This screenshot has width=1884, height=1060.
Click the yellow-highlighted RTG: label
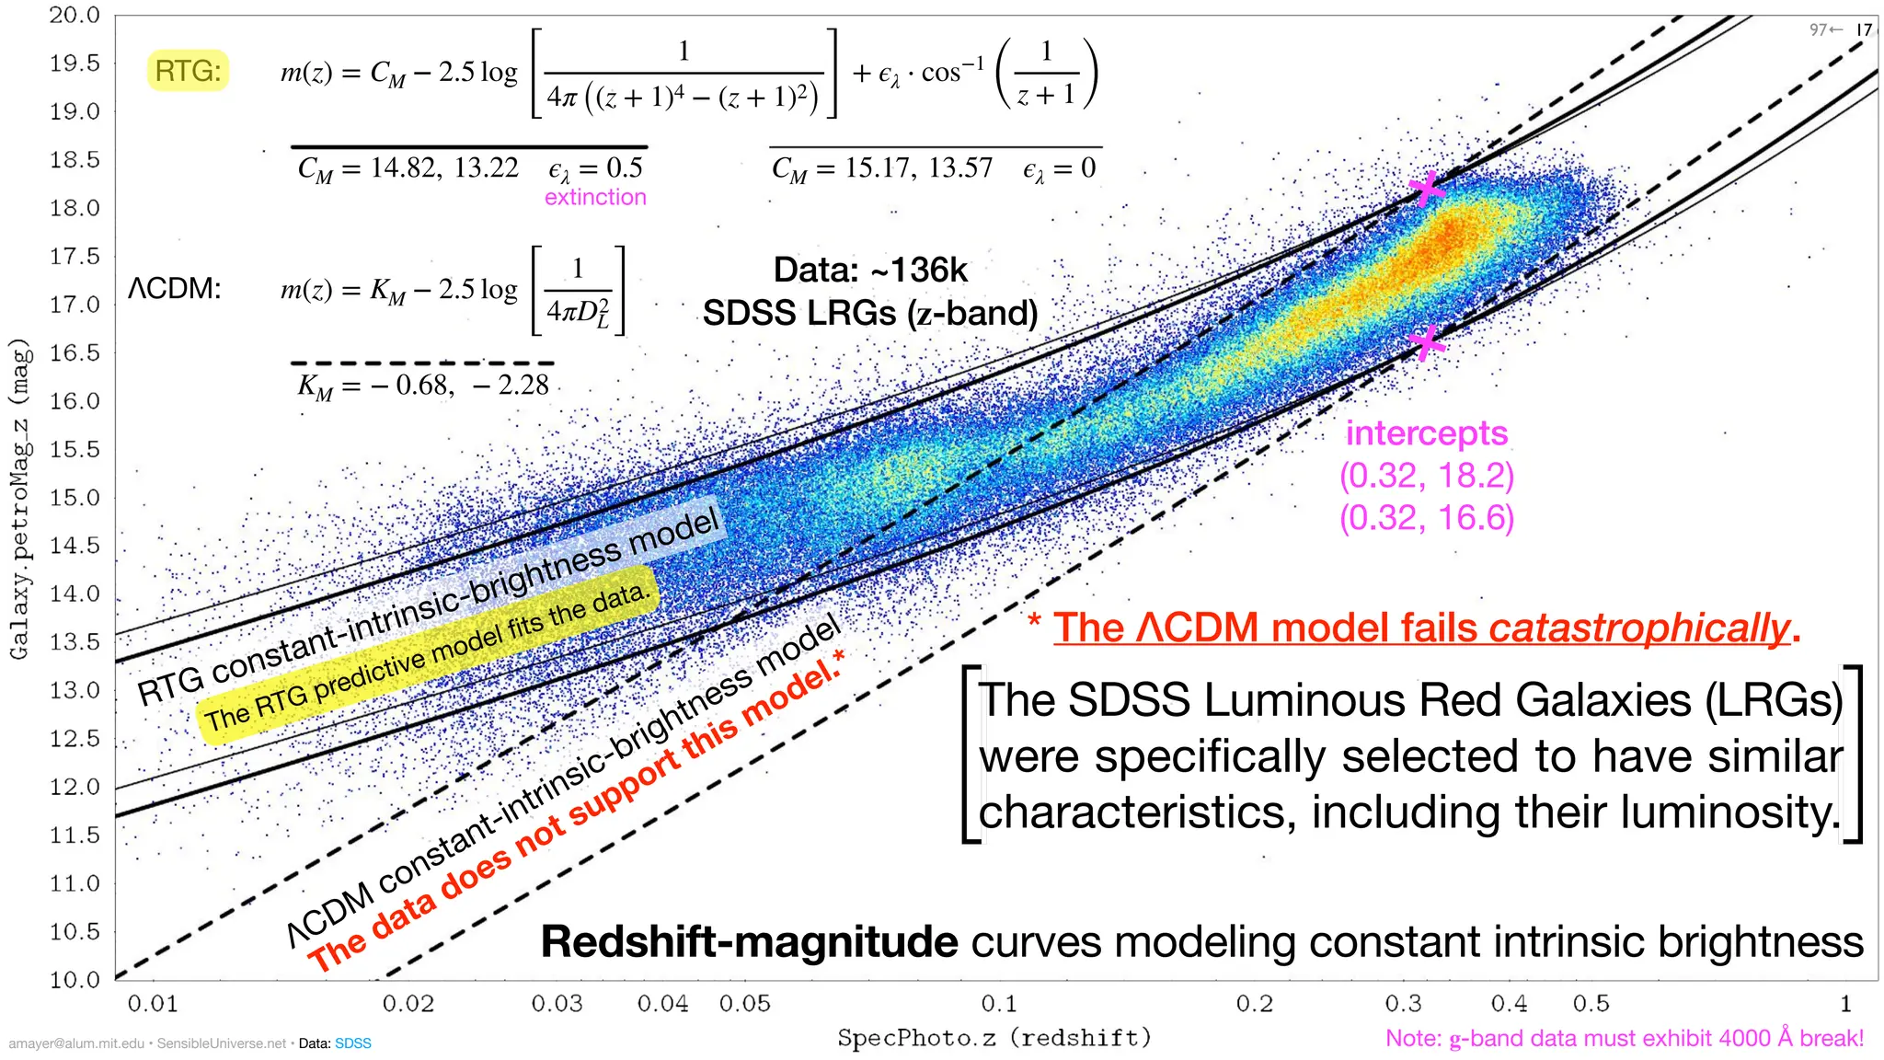[x=188, y=71]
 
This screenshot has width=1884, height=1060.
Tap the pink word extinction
[x=595, y=197]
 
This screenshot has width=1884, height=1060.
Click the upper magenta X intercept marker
[x=1426, y=189]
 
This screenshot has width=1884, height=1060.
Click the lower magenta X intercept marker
[x=1426, y=343]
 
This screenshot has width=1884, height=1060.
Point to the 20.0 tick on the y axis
[x=75, y=15]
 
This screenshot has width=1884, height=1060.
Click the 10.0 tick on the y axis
[x=75, y=979]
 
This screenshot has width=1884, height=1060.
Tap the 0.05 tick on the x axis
[x=745, y=1003]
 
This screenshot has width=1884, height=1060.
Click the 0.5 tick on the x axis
[x=1591, y=1003]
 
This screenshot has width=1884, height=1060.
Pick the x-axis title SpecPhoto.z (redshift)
[x=994, y=1038]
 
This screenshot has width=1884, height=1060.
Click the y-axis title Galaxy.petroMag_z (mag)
[x=20, y=498]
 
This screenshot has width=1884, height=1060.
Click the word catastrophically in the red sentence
[x=1638, y=628]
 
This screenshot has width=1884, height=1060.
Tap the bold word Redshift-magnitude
[x=749, y=941]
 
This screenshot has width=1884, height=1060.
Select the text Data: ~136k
[x=870, y=270]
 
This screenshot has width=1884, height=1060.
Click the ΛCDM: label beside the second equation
[x=174, y=289]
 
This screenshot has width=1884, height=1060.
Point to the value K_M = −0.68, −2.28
[x=422, y=385]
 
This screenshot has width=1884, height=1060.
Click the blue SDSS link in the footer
[x=353, y=1043]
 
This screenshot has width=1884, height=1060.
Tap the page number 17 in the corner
[x=1864, y=29]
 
